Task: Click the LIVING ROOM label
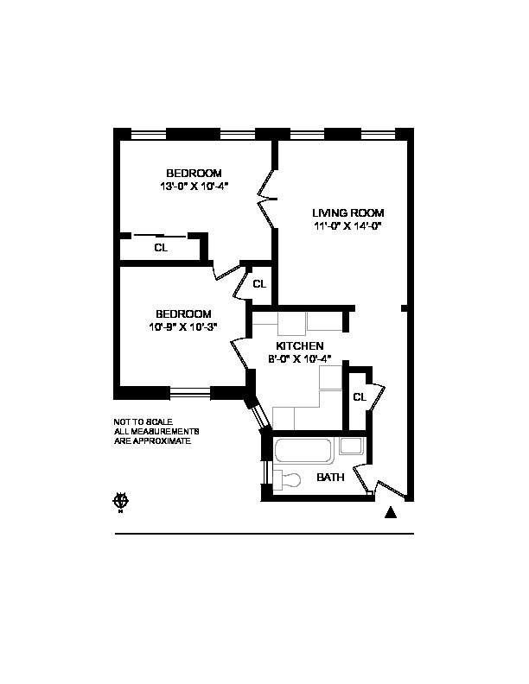[x=348, y=213]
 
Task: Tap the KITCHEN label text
[x=300, y=346]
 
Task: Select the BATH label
[x=330, y=478]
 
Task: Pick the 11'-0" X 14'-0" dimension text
[x=347, y=226]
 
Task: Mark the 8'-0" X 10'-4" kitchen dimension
[x=300, y=359]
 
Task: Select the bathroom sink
[x=350, y=446]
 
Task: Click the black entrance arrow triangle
[x=391, y=513]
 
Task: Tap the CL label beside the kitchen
[x=360, y=397]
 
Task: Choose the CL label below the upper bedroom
[x=161, y=248]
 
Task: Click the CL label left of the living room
[x=259, y=283]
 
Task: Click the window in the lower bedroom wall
[x=190, y=393]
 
